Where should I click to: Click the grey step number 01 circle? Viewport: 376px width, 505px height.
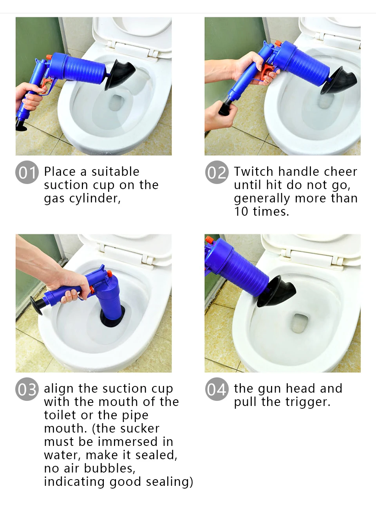(27, 172)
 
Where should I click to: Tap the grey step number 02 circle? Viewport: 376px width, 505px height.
(217, 172)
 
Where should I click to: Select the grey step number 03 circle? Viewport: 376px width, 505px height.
(27, 389)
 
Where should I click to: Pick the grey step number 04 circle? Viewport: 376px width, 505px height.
(217, 389)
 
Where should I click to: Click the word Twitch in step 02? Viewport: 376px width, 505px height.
(253, 171)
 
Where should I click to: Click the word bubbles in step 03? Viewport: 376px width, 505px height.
(109, 468)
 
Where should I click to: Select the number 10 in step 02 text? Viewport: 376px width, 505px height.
(241, 211)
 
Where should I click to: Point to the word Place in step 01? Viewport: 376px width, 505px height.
(60, 171)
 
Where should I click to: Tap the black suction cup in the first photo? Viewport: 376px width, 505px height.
(119, 74)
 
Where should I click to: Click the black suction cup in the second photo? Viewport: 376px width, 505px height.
(339, 81)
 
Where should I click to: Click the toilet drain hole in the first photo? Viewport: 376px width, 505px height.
(116, 103)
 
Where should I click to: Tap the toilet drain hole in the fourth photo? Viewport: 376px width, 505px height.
(300, 323)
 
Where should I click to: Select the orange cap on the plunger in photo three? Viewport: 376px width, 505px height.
(110, 274)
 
